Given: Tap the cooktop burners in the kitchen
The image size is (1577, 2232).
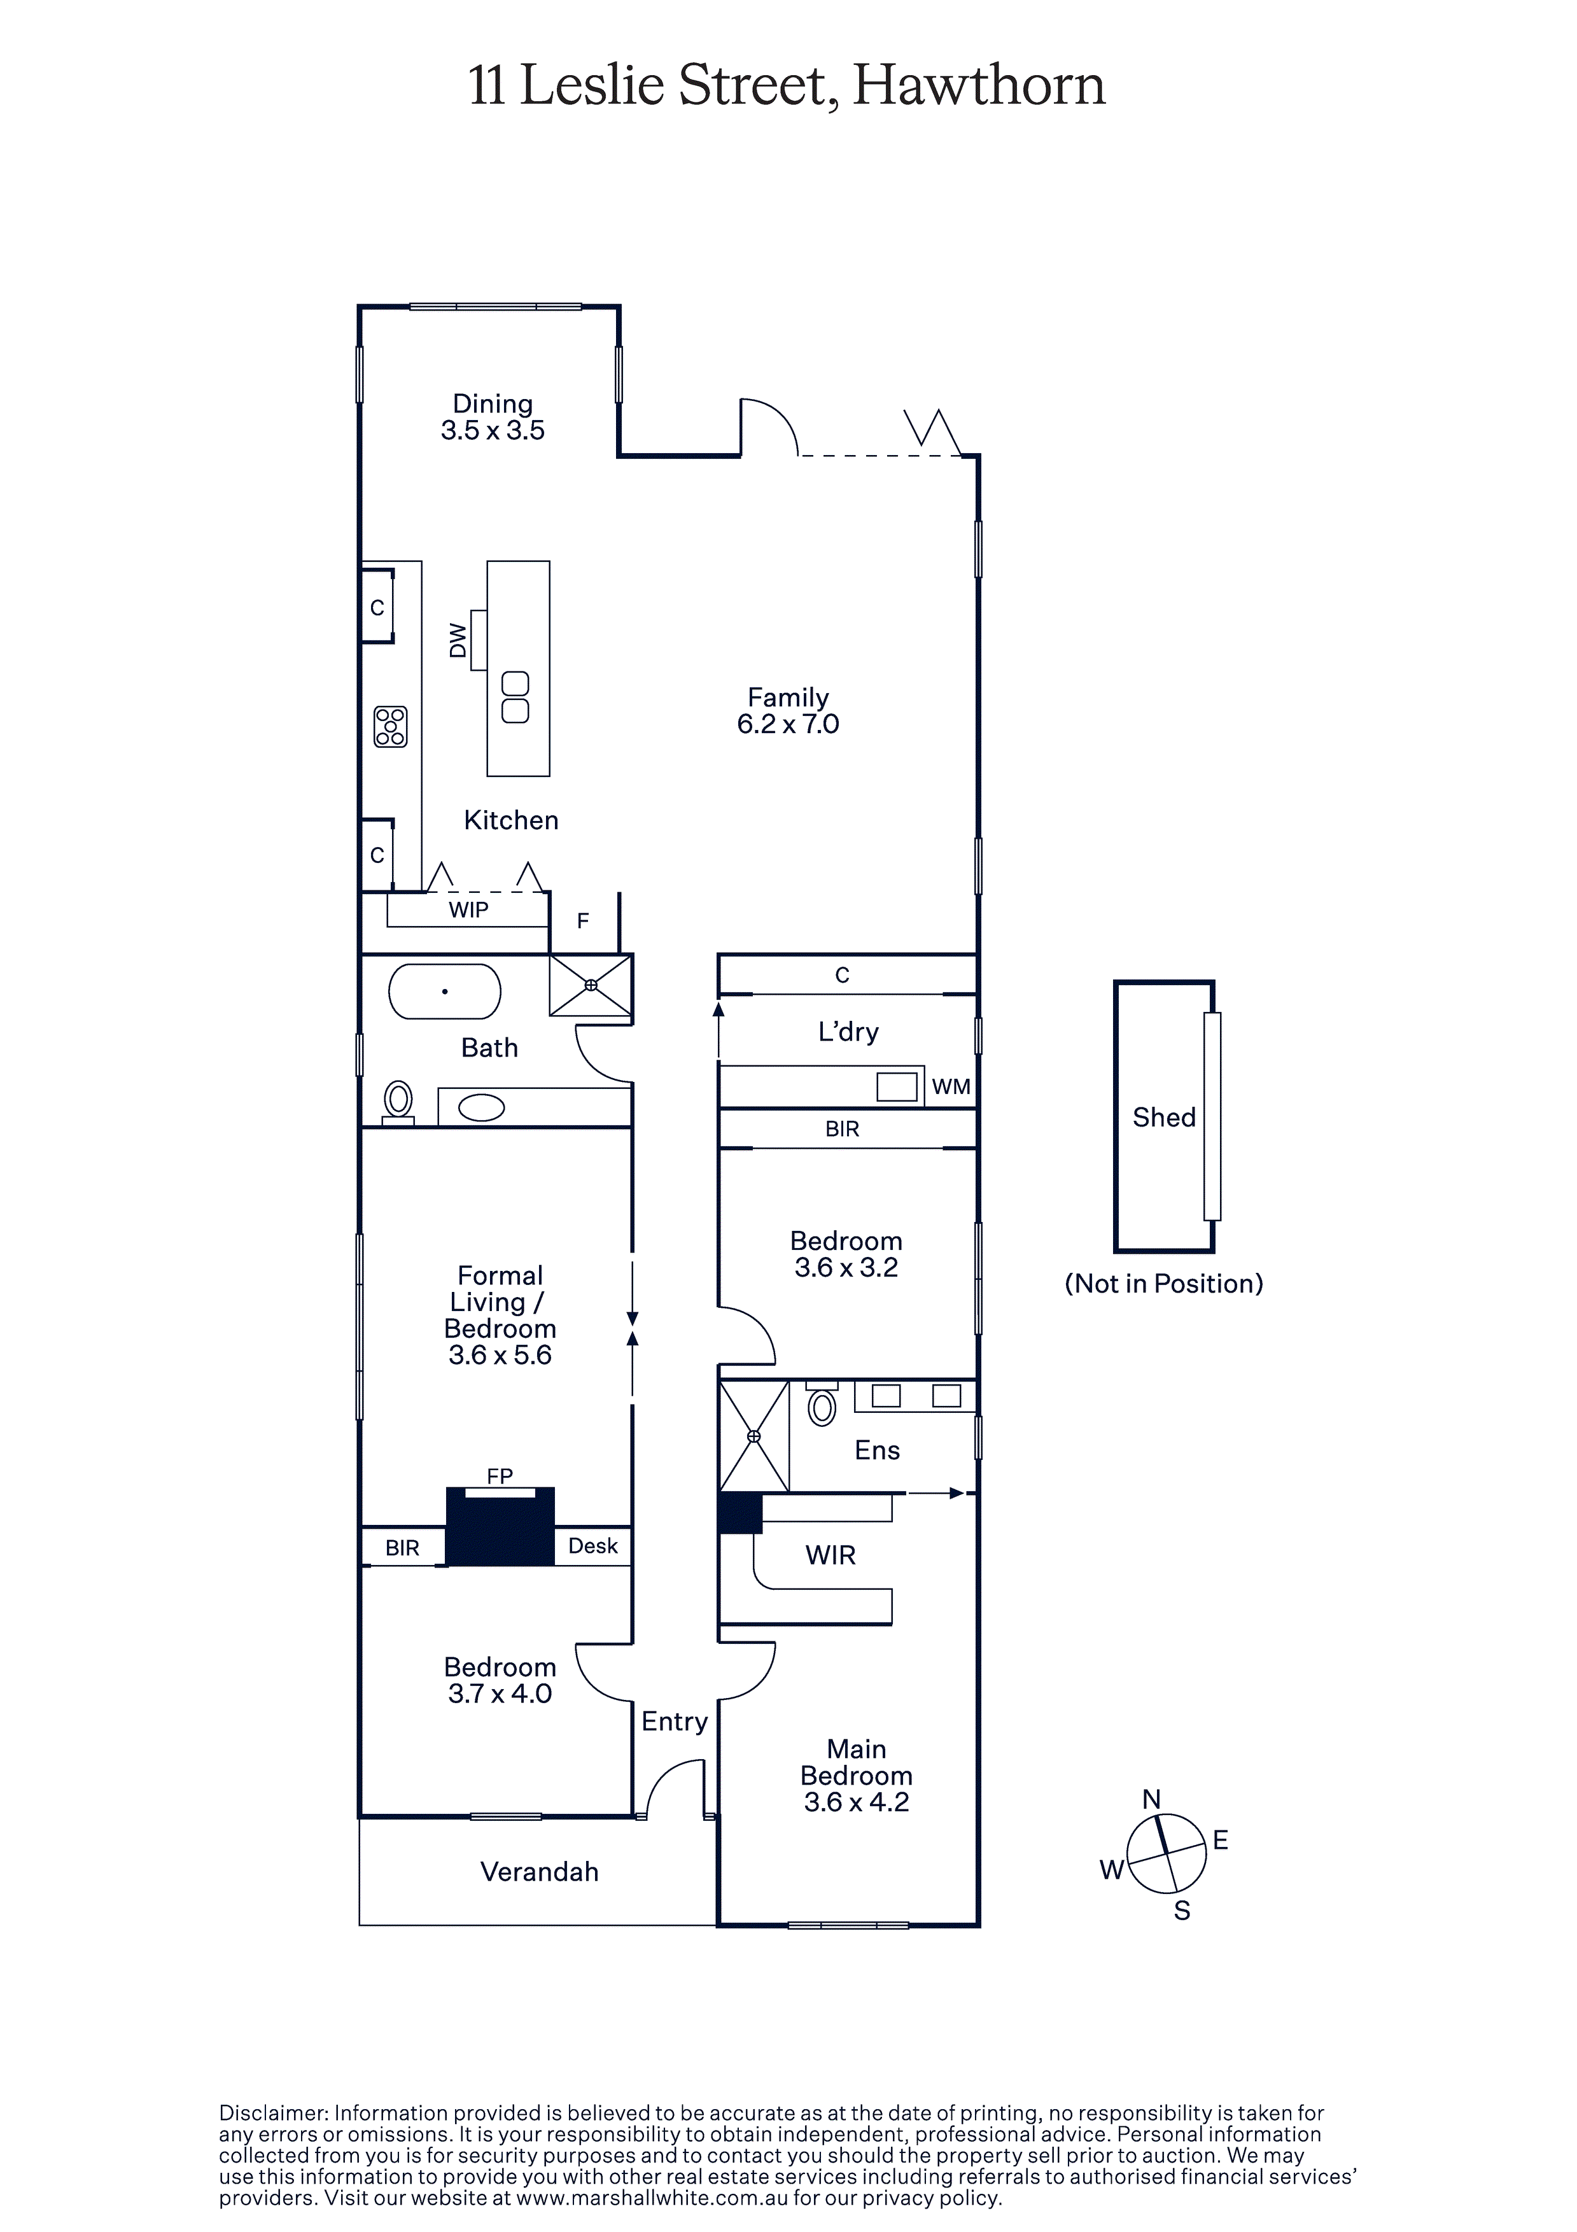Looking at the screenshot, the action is pos(391,726).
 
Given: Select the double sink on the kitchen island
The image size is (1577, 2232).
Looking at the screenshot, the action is pos(515,697).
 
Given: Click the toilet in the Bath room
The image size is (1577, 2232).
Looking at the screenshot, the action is pos(398,1102).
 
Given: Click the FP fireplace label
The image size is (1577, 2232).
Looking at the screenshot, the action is pos(500,1476).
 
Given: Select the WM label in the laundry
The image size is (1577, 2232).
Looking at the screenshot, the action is pos(951,1087).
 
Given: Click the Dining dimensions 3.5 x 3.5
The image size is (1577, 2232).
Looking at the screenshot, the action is pos(493,431).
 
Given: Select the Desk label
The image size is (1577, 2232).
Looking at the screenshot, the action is pos(593,1546).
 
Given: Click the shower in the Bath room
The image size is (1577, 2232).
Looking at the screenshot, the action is pos(591,985).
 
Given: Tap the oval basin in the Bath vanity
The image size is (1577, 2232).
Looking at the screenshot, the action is pos(481,1107).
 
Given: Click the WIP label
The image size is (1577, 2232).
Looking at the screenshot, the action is pos(468,910).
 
